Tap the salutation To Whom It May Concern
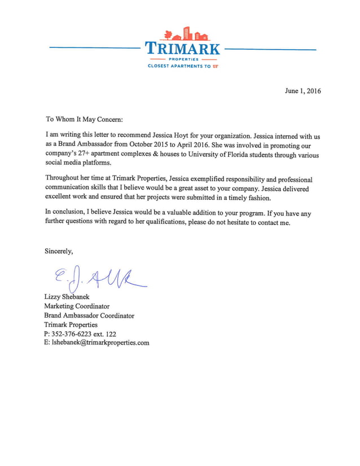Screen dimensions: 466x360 (x=84, y=119)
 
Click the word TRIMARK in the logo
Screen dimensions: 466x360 (x=182, y=47)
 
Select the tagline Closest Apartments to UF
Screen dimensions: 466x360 (x=182, y=66)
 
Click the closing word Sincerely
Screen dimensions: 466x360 (x=59, y=251)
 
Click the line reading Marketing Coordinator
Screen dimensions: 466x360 (x=77, y=306)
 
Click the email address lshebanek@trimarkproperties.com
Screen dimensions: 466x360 (x=100, y=342)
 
